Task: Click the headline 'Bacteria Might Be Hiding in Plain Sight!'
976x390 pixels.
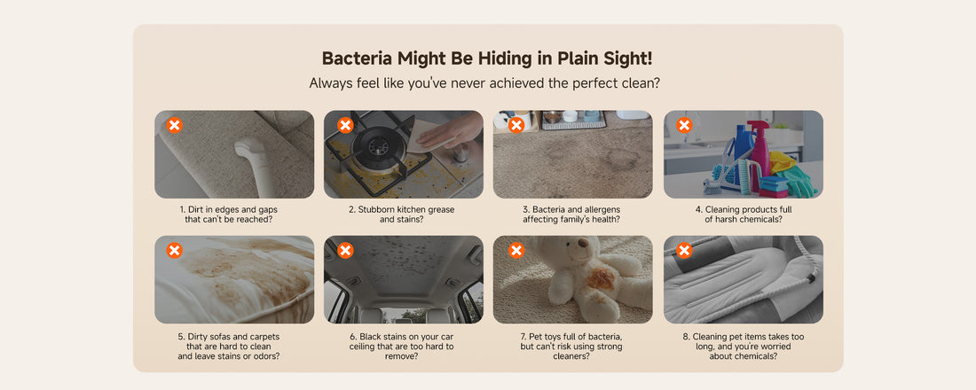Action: (x=487, y=58)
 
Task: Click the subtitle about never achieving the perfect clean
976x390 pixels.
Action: (x=484, y=82)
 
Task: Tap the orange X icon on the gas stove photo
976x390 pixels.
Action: (x=345, y=125)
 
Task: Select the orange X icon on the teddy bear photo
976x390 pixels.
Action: (x=516, y=250)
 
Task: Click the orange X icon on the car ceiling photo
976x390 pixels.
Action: (x=345, y=250)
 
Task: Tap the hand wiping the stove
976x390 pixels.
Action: (x=448, y=132)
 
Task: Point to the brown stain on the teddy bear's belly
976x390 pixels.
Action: (x=600, y=277)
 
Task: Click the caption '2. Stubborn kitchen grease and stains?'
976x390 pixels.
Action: (x=401, y=214)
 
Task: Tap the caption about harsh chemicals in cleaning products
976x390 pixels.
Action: (x=744, y=214)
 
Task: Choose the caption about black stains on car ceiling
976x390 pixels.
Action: (x=401, y=347)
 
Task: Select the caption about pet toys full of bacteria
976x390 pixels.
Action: (x=571, y=347)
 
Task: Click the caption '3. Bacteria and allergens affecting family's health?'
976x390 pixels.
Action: (x=571, y=214)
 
